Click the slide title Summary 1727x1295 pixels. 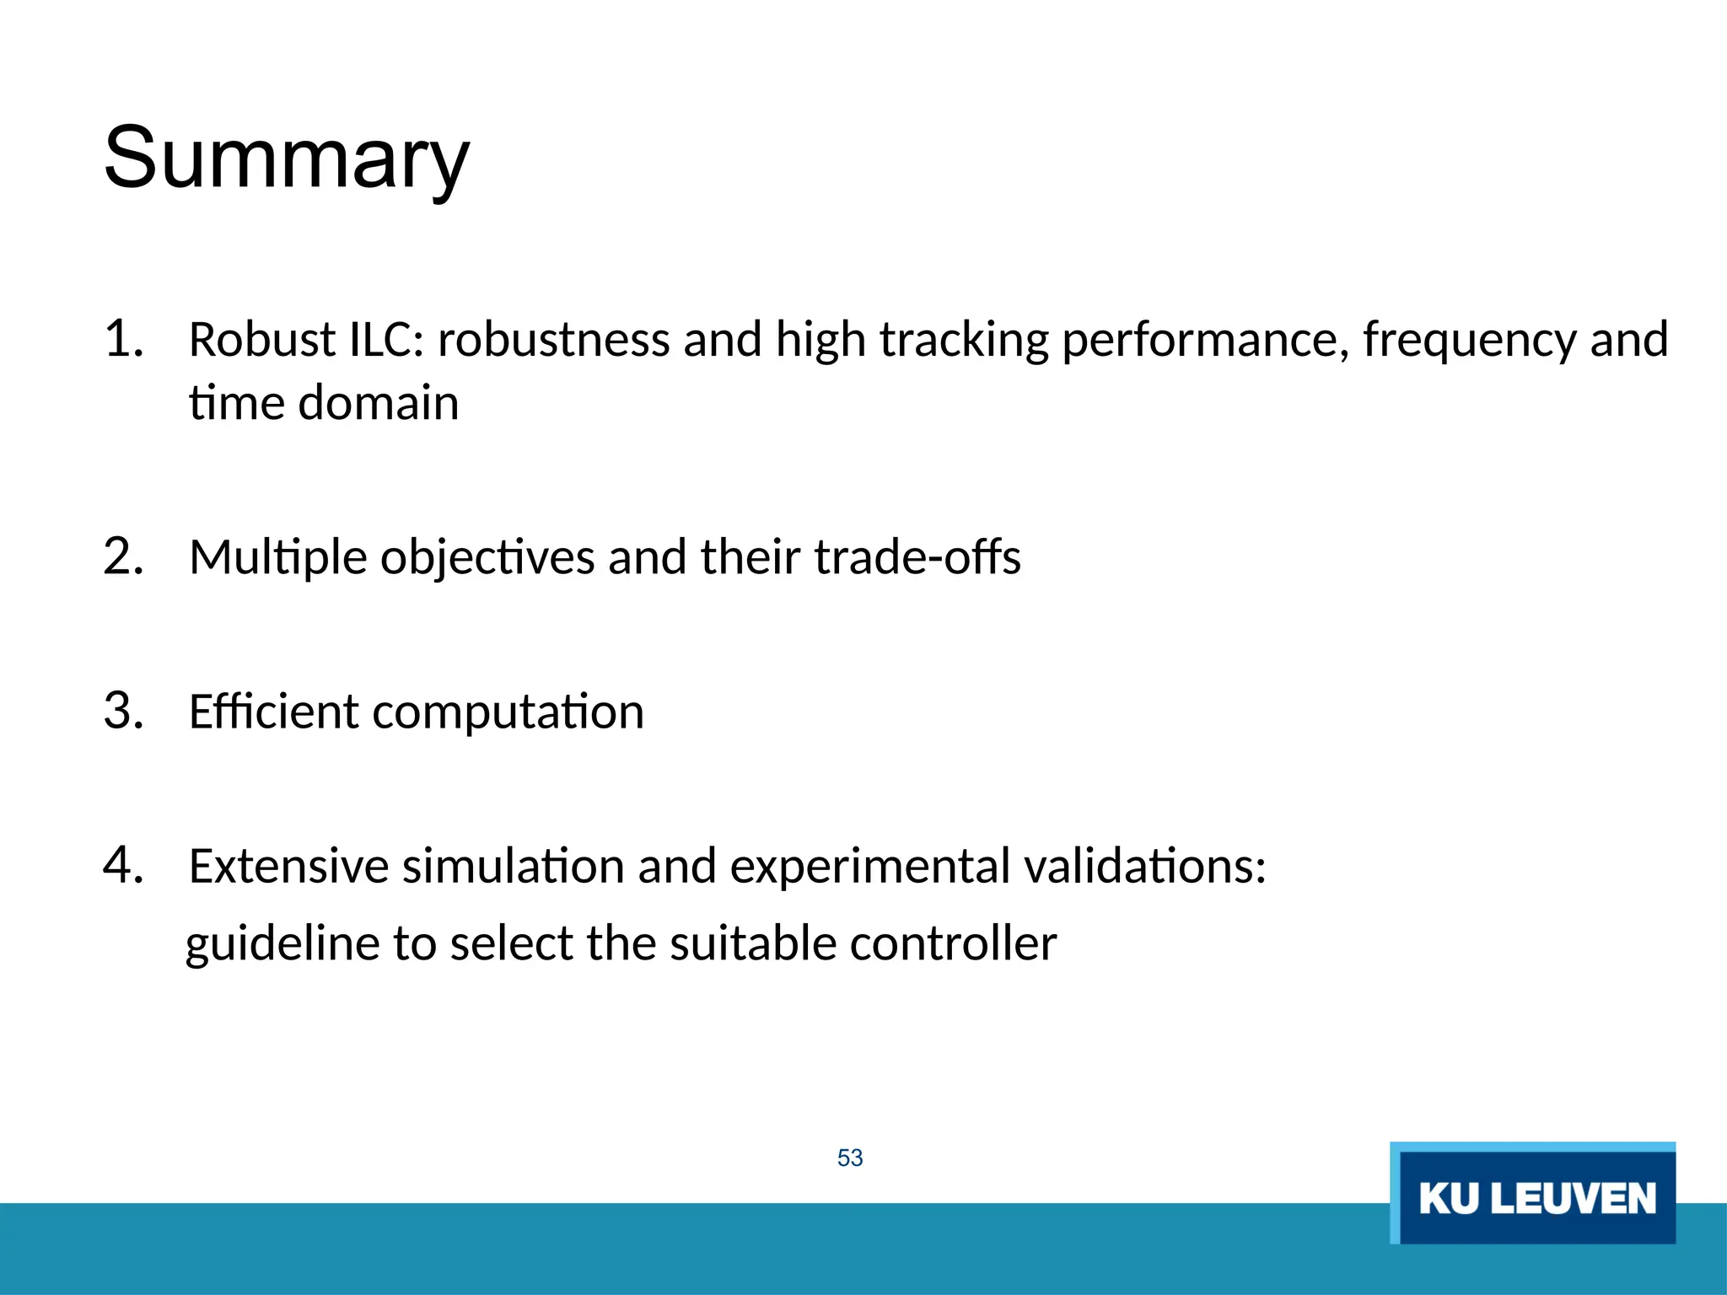tap(286, 159)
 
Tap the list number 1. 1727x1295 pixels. tap(123, 339)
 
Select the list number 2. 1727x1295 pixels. tap(123, 556)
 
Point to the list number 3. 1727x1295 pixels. tap(123, 711)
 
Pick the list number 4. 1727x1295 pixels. tap(123, 865)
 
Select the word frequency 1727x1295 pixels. tap(1469, 341)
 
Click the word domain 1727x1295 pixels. tap(379, 403)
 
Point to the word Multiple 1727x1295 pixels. tap(278, 558)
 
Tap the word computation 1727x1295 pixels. tap(508, 712)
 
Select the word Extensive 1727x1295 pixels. tap(288, 866)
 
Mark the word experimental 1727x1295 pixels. tap(869, 868)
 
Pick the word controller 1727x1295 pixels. tap(953, 943)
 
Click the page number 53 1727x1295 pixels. tap(850, 1158)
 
